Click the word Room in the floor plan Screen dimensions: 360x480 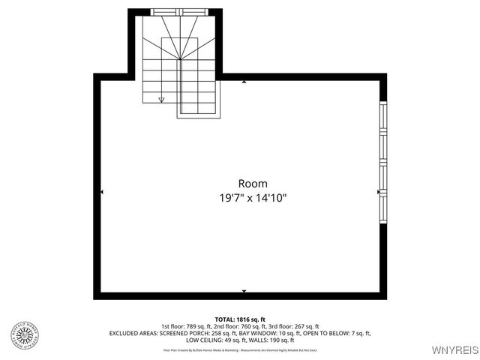(x=253, y=183)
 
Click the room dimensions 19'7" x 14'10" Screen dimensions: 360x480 (x=253, y=198)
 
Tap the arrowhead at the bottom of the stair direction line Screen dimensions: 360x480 (x=161, y=99)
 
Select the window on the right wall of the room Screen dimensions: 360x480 (x=382, y=163)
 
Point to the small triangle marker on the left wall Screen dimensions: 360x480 (x=102, y=193)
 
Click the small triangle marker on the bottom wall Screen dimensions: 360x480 (x=244, y=290)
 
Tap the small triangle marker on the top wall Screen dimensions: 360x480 (x=244, y=81)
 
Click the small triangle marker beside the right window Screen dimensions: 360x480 (x=378, y=192)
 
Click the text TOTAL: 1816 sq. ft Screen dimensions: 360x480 (x=240, y=319)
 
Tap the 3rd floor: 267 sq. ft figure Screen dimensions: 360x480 (x=293, y=326)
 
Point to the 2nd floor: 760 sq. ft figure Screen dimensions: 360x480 (x=239, y=326)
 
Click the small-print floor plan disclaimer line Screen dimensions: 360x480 (x=240, y=349)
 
